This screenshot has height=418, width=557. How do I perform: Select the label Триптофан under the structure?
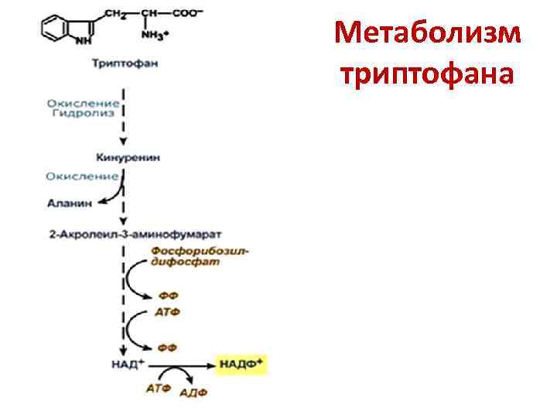(x=125, y=63)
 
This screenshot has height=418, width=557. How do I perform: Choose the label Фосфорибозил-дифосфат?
(x=200, y=256)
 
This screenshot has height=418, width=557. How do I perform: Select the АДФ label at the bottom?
(x=193, y=392)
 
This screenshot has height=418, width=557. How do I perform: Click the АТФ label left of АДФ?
(x=159, y=389)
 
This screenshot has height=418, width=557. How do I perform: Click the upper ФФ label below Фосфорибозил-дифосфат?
(x=167, y=295)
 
